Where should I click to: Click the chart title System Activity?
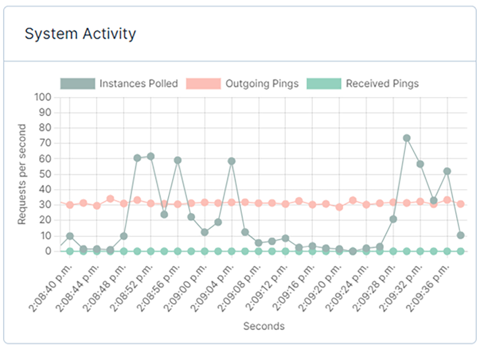[80, 34]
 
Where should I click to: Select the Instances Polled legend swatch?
[78, 84]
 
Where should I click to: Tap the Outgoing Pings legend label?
[262, 84]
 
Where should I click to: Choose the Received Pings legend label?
[382, 84]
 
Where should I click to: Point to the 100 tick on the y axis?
[43, 97]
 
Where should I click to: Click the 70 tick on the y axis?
[45, 143]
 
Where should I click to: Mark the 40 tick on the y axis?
[45, 190]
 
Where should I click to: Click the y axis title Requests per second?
[22, 174]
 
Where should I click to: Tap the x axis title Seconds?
[264, 326]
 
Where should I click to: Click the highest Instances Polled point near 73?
[407, 138]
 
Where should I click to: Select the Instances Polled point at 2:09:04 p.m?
[232, 161]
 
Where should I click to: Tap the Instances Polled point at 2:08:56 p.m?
[178, 160]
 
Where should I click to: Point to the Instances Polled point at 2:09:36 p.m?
[447, 171]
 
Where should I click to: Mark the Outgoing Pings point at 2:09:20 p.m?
[339, 207]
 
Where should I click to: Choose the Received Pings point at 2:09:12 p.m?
[286, 251]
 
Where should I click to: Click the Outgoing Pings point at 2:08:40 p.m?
[70, 205]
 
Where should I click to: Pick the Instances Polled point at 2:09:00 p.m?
[205, 232]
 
